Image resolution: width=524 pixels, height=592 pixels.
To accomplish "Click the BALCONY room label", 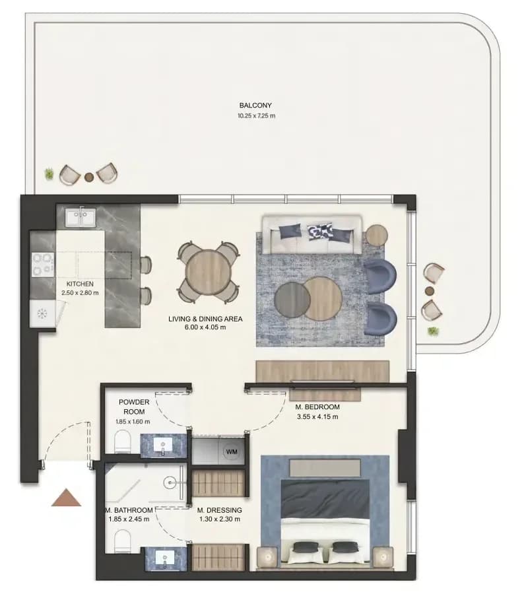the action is pyautogui.click(x=255, y=106).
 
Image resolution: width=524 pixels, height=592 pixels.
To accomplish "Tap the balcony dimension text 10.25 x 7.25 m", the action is pyautogui.click(x=256, y=115).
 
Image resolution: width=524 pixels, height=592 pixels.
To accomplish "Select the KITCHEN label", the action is pyautogui.click(x=80, y=284).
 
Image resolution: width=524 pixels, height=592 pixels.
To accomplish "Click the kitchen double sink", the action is pyautogui.click(x=81, y=218).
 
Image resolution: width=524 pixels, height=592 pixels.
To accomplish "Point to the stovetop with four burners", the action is pyautogui.click(x=43, y=264).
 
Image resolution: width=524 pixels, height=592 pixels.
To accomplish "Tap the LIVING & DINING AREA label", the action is pyautogui.click(x=205, y=319).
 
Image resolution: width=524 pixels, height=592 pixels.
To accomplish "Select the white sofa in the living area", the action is pyautogui.click(x=312, y=234).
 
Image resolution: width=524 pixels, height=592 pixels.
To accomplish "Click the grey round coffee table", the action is pyautogui.click(x=292, y=300).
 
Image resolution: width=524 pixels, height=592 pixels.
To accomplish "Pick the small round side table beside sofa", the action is pyautogui.click(x=376, y=236).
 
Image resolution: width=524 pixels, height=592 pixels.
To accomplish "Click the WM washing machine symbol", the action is pyautogui.click(x=232, y=451).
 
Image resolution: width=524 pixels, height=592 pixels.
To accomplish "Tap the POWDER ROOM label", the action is pyautogui.click(x=134, y=407).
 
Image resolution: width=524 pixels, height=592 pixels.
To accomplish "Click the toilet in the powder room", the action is pyautogui.click(x=122, y=441).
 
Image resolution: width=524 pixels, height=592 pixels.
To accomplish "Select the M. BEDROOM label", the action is pyautogui.click(x=317, y=407).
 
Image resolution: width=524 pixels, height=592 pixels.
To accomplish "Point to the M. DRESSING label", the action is pyautogui.click(x=219, y=510).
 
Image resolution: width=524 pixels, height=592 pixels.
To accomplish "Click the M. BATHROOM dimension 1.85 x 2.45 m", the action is pyautogui.click(x=129, y=519).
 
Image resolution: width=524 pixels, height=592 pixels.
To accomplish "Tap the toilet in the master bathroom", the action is pyautogui.click(x=122, y=541).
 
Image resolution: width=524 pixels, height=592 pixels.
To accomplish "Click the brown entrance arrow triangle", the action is pyautogui.click(x=66, y=497).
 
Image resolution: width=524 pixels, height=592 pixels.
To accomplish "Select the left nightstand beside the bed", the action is pyautogui.click(x=267, y=556).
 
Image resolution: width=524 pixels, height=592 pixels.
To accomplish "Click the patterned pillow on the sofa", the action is pyautogui.click(x=320, y=231).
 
